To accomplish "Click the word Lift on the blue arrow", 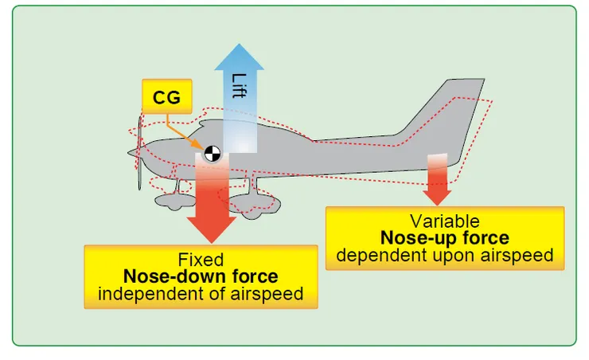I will [239, 87].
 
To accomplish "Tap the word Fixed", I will [201, 260].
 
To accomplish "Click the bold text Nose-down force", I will [201, 276].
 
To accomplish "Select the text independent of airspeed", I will [201, 294].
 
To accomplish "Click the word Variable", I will [444, 221].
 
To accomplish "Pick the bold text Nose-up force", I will [444, 238].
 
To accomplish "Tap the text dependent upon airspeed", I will [444, 255].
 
